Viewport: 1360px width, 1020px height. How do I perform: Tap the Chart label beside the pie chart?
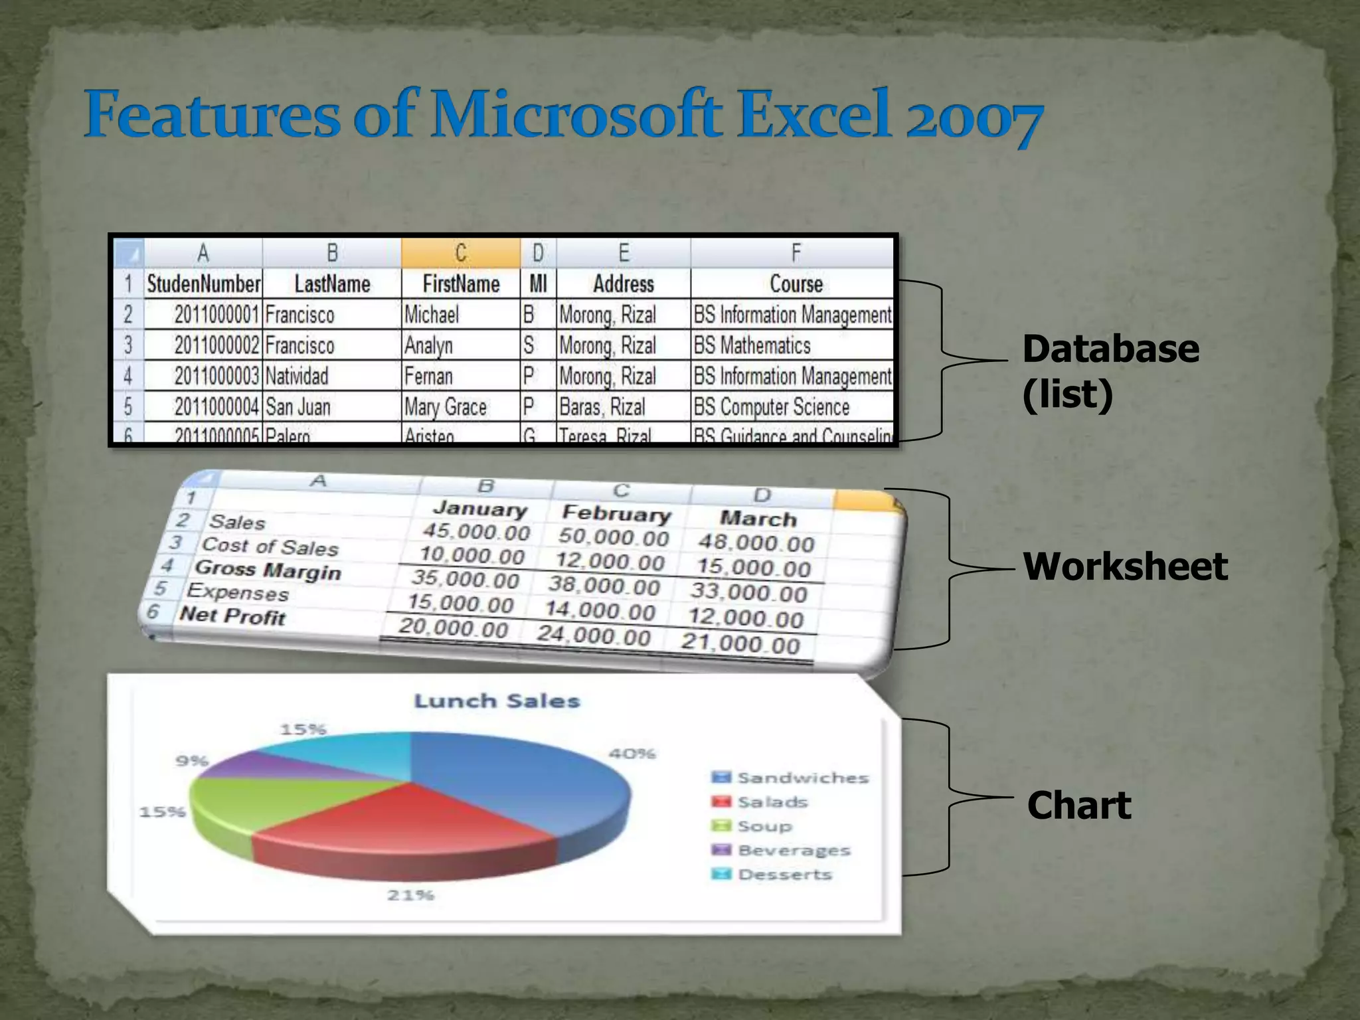(x=1078, y=806)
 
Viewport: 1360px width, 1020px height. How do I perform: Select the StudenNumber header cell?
(x=203, y=284)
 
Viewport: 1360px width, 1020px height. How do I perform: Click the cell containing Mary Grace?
(x=446, y=406)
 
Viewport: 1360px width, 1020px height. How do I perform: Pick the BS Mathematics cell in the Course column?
(x=752, y=345)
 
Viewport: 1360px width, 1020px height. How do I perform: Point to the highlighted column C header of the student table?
(x=461, y=252)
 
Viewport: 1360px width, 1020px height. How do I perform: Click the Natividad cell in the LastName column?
(x=297, y=376)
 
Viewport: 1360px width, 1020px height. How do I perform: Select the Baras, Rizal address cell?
(x=602, y=406)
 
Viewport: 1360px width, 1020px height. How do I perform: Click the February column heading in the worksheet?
(x=616, y=514)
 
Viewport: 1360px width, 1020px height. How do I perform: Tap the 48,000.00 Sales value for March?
(x=756, y=543)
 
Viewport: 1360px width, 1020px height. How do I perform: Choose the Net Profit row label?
(x=232, y=616)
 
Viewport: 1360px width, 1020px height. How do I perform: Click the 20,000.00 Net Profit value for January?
(x=454, y=628)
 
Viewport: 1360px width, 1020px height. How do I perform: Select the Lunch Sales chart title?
(x=497, y=701)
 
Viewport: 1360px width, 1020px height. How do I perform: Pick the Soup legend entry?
(x=764, y=826)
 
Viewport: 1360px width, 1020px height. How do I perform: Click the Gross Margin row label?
(x=268, y=570)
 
